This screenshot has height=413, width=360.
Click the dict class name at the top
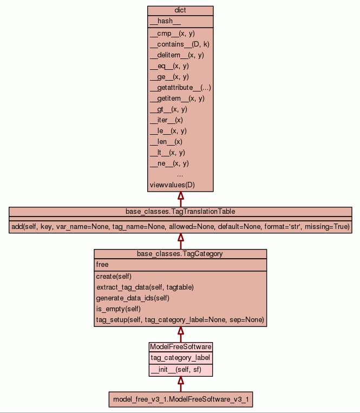pos(180,10)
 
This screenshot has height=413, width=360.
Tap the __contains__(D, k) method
pos(179,44)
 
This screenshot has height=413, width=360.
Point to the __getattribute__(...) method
pos(180,88)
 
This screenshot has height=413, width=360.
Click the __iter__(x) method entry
pos(166,120)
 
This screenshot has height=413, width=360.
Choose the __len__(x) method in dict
pos(166,142)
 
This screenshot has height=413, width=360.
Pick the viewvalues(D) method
pos(172,185)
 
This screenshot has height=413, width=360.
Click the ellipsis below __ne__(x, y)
pos(180,174)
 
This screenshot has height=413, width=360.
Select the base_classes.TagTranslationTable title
pos(180,211)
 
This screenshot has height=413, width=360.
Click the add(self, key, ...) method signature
pos(180,226)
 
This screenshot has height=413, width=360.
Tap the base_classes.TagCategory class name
pos(180,253)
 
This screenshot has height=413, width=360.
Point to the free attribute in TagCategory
pos(102,265)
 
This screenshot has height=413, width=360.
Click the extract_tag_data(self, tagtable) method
pos(145,287)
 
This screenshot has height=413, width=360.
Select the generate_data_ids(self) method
pos(133,298)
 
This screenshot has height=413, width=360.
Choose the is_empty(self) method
pos(118,309)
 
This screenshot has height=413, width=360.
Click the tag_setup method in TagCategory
pos(180,320)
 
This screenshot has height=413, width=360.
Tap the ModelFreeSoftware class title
pos(180,346)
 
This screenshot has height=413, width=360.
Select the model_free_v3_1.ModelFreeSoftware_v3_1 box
pos(180,400)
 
